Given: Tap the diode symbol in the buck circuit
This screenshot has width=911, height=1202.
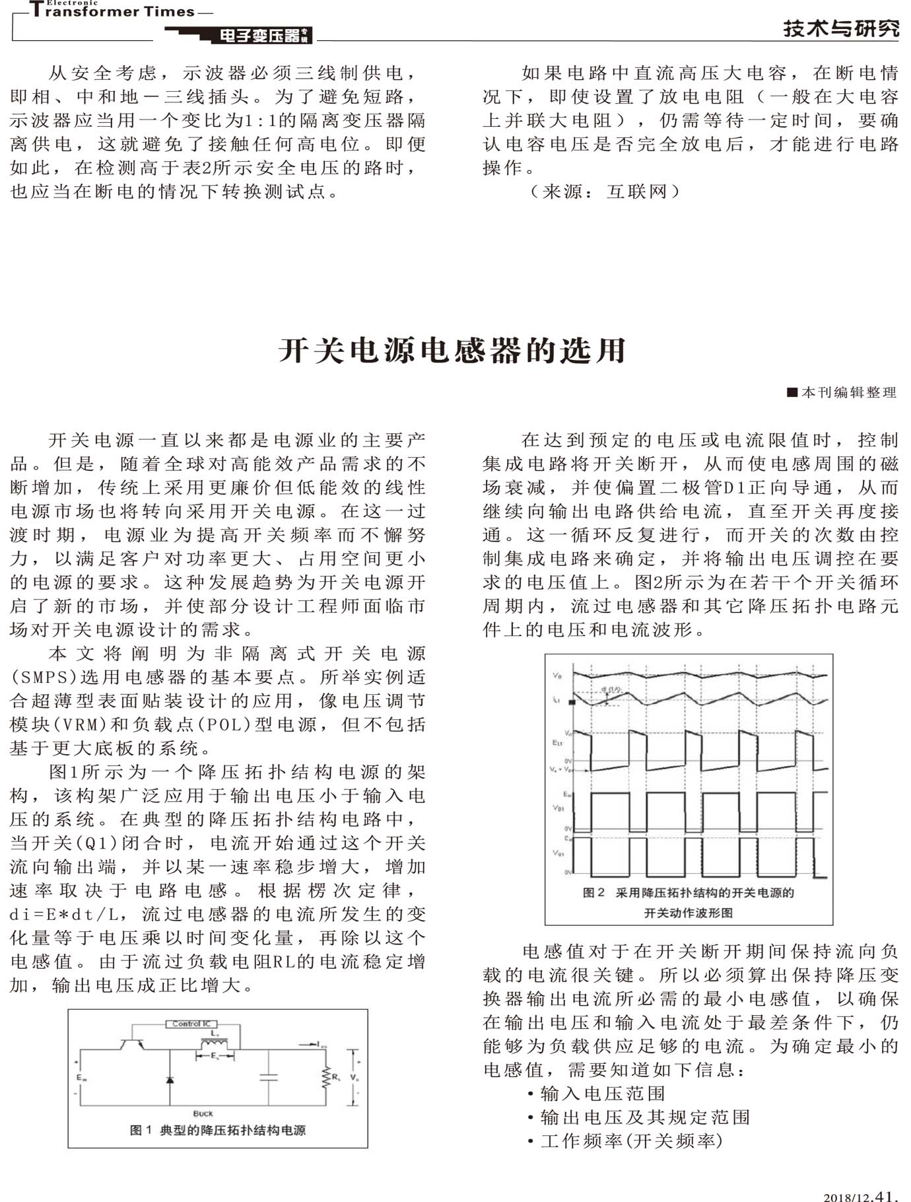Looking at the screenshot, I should (170, 1079).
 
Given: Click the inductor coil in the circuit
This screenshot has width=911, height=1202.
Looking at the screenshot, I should (215, 1043).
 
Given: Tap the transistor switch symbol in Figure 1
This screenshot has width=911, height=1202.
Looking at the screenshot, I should (132, 1044).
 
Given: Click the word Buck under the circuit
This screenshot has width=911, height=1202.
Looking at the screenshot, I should (203, 1114).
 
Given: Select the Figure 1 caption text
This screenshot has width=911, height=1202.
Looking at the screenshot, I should (218, 1130).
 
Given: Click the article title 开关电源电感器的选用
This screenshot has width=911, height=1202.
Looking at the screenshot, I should (452, 350).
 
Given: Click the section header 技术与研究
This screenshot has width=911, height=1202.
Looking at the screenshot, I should (841, 28).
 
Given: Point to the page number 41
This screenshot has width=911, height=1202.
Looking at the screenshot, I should (885, 1194).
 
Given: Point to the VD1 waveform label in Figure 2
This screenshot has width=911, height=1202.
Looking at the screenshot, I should (558, 808).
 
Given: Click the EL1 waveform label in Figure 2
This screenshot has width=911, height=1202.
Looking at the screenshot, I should (557, 742).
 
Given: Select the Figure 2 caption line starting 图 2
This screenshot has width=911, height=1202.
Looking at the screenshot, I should (688, 893).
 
